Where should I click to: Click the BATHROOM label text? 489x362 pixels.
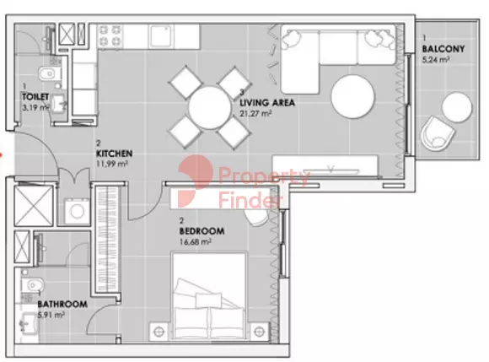point(61,305)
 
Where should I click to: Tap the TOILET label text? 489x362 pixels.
point(36,96)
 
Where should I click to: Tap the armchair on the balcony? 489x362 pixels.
point(436,132)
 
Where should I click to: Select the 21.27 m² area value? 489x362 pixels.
point(255,112)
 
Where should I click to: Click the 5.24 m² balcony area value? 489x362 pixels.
point(435,60)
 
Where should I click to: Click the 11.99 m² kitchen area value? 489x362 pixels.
point(110,164)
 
